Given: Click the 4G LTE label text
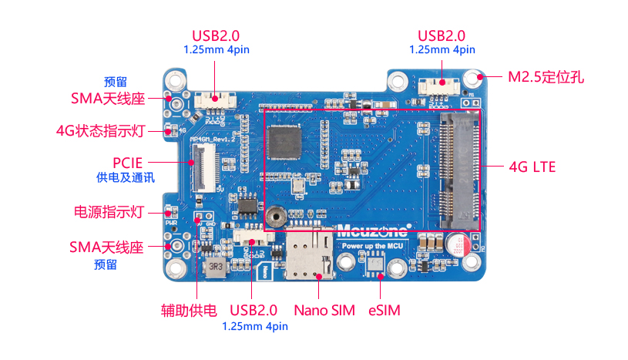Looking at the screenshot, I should (533, 167).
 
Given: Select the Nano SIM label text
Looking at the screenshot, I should (324, 311).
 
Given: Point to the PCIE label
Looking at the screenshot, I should (127, 163).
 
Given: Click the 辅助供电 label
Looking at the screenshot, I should (190, 311).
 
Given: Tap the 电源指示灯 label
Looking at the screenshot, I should (109, 211).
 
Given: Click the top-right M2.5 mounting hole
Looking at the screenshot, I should (472, 77).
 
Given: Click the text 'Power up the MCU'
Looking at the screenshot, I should (374, 245).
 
